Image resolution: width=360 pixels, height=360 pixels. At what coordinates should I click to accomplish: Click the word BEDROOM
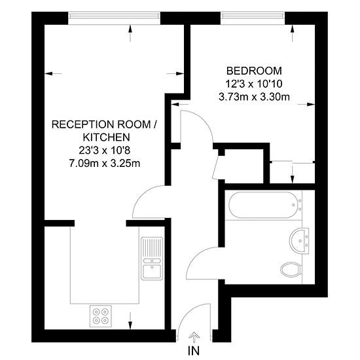click(254, 71)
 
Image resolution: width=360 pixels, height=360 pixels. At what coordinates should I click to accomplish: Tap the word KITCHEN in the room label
click(106, 137)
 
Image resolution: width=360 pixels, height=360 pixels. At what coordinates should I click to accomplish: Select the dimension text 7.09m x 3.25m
click(105, 164)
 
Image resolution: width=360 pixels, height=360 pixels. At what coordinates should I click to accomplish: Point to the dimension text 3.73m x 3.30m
click(254, 97)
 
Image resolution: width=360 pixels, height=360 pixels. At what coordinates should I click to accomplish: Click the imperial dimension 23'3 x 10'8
click(105, 151)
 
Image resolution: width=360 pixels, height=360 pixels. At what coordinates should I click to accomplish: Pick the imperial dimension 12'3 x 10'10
click(254, 84)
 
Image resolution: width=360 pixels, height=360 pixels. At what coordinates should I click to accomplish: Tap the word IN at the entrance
click(194, 351)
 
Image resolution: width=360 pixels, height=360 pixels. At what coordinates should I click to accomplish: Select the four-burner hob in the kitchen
click(101, 316)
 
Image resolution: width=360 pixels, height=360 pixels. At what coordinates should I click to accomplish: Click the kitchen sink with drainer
click(152, 259)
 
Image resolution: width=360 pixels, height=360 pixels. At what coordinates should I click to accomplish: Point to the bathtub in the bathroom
click(263, 205)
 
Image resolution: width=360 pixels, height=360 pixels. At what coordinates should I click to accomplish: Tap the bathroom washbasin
click(299, 241)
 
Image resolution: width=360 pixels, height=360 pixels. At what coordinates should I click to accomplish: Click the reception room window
click(114, 16)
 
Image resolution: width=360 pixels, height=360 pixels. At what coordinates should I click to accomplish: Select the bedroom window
click(253, 16)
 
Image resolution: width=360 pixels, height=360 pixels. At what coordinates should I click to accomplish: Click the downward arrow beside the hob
click(130, 321)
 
